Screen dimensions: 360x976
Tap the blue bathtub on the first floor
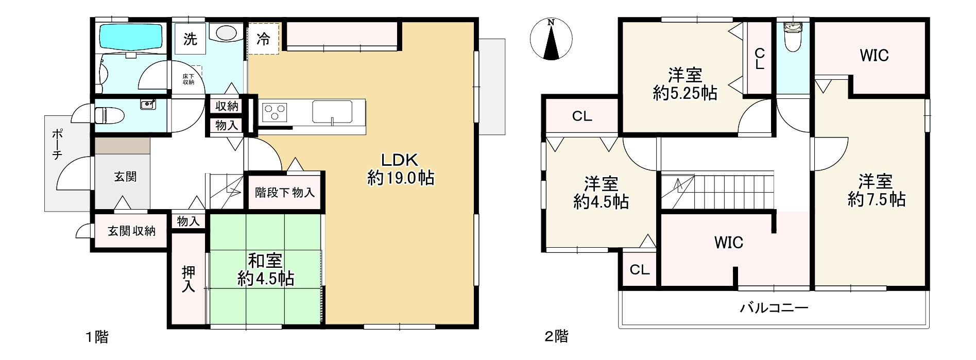pos(130,37)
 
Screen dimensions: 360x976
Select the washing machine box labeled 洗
pos(190,39)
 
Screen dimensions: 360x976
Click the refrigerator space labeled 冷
pos(263,39)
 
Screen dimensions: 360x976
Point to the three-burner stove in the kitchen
pos(275,112)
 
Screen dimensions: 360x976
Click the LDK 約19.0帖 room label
pos(401,169)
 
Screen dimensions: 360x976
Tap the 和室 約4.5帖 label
pos(265,269)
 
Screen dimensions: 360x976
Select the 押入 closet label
pos(189,279)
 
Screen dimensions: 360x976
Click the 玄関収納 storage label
pos(131,231)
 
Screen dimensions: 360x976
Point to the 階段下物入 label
pos(285,193)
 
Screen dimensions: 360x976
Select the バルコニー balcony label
pos(774,308)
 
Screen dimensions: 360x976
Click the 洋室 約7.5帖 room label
pos(876,191)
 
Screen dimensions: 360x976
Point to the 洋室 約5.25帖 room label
pos(685,84)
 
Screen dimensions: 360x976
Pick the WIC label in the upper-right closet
pos(874,55)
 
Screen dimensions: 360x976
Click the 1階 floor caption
pos(97,337)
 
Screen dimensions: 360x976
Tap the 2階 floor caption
pos(556,337)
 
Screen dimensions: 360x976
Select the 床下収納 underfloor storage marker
pos(189,79)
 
